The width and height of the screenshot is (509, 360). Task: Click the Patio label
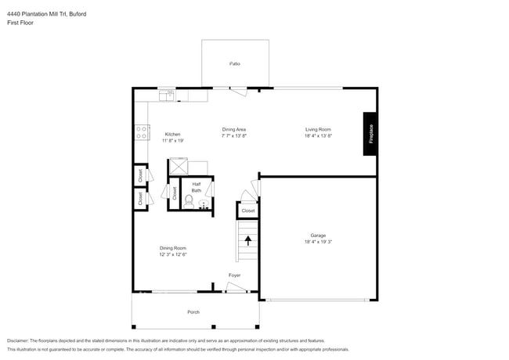coord(235,63)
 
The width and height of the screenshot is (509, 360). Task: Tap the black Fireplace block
coord(371,134)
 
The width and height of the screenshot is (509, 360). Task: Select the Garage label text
coord(317,236)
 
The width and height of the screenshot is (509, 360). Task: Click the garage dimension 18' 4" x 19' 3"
coord(317,243)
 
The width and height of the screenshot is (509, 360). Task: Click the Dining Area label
coord(234,129)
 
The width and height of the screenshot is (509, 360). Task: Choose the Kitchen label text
coord(172,134)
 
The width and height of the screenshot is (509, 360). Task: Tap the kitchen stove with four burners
coord(143,133)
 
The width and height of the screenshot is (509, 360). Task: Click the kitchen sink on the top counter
coord(167,95)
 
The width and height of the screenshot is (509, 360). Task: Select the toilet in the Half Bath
coord(188,201)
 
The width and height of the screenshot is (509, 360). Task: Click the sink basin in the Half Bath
coord(204,205)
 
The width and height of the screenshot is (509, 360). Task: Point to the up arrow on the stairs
coord(247,240)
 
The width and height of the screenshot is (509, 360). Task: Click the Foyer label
coord(234,275)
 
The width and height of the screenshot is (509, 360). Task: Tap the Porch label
coord(193,312)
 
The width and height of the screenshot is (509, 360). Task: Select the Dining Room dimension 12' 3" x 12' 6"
coord(174,254)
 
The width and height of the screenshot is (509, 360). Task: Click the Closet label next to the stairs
coord(247,211)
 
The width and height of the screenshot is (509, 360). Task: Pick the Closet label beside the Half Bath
coord(174,193)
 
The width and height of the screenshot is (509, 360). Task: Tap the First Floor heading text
coord(20,23)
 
